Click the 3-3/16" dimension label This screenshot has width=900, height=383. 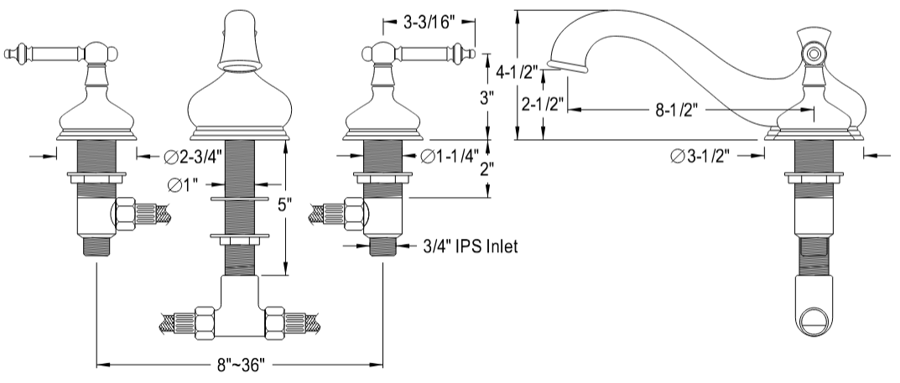pos(429,23)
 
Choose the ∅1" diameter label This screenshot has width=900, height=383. pos(183,185)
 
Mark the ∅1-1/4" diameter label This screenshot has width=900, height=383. pos(449,155)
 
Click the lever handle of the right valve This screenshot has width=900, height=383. pos(432,56)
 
